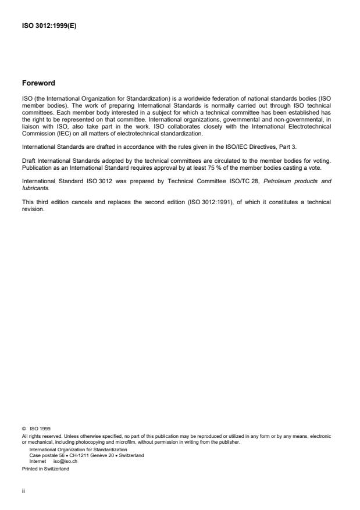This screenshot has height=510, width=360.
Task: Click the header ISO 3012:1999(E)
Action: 49,24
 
